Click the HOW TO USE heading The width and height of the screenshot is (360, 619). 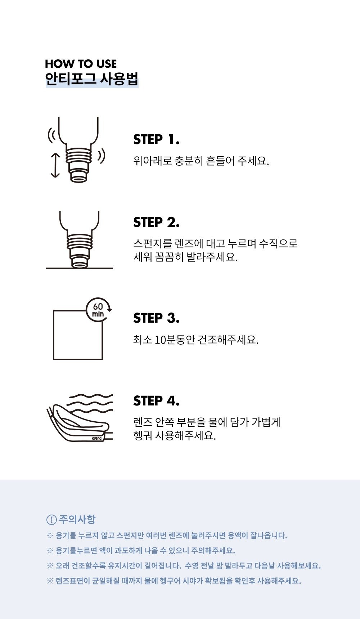pos(81,64)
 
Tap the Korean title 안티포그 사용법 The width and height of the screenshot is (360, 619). pos(92,79)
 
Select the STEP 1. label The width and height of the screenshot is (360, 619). pos(156,139)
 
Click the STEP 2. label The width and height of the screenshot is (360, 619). pos(156,222)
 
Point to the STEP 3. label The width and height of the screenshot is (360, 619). pos(156,318)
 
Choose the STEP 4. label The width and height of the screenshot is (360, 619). pos(156,401)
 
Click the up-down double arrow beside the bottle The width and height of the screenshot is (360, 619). pos(55,165)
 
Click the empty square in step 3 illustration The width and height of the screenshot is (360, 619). pos(53,335)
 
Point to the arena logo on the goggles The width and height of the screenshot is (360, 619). pos(97,438)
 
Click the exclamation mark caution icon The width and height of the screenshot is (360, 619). pos(51,520)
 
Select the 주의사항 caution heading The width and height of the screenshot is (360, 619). pos(77,519)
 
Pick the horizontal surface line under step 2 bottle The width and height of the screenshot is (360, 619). pos(79,268)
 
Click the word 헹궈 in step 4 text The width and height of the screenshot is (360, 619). pos(143,435)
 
